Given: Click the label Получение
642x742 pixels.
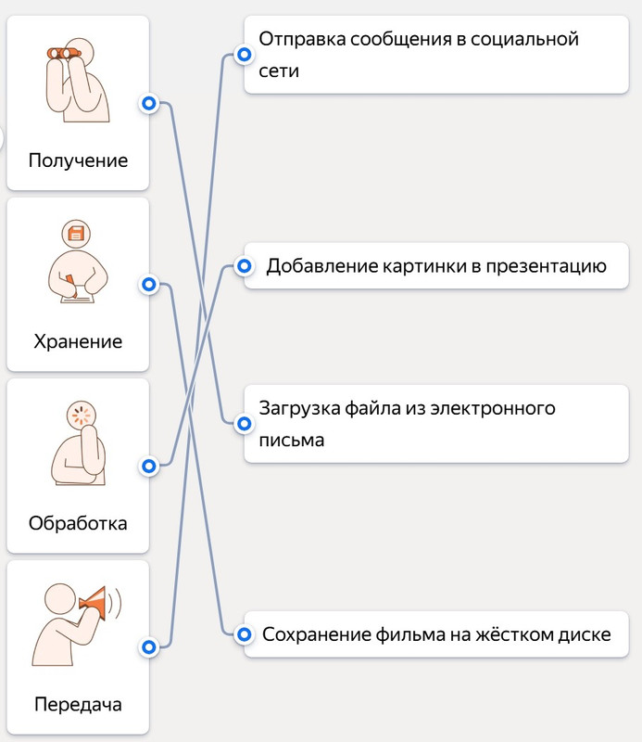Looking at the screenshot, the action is tap(78, 160).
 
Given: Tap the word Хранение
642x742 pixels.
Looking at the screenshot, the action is tap(78, 341).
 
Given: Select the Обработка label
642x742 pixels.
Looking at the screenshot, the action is tap(78, 523).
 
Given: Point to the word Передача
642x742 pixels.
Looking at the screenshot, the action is tap(78, 704).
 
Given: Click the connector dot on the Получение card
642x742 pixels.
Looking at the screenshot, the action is tap(147, 104).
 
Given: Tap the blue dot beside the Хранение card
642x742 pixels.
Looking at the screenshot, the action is tap(147, 285).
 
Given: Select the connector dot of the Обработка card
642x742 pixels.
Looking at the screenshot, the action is tap(147, 466).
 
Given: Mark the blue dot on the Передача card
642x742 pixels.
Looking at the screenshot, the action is tap(147, 646).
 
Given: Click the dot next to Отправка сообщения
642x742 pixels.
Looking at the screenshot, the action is tap(244, 56).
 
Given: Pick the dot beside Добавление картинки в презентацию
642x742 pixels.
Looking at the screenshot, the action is tap(244, 267).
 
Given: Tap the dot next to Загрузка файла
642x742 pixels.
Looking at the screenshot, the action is tap(244, 424).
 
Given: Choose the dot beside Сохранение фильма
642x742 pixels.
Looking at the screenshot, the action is tap(244, 635).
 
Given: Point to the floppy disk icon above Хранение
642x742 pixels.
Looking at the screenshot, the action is tap(76, 232).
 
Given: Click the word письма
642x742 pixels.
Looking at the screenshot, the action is tap(292, 440).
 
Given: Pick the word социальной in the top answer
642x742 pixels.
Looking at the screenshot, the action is tap(525, 39).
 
